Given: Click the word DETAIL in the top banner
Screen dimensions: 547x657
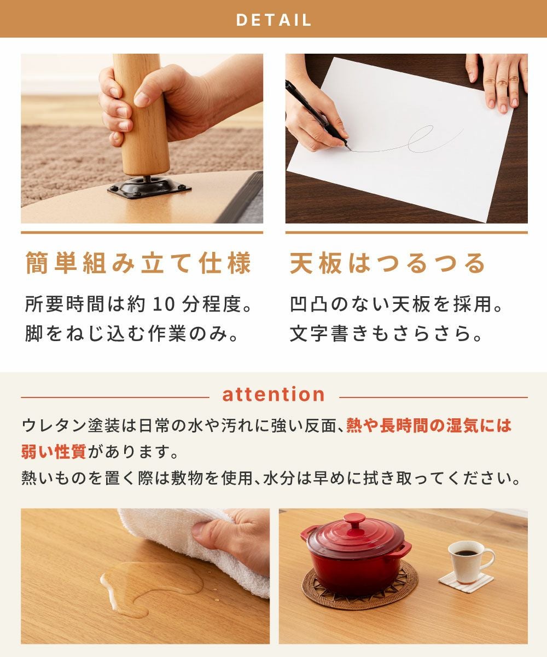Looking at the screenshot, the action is [273, 20].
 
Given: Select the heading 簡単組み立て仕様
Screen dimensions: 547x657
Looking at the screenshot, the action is [138, 263].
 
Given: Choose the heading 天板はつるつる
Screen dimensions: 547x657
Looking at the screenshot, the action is [387, 263].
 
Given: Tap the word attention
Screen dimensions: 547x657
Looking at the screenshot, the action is [273, 394].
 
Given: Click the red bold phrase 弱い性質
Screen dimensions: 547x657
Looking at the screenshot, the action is [54, 452].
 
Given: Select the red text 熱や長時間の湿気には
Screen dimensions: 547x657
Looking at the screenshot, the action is [429, 426].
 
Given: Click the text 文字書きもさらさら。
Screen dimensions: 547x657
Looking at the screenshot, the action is [386, 333].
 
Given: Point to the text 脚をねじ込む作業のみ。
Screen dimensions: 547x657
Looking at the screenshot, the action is [131, 333].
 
